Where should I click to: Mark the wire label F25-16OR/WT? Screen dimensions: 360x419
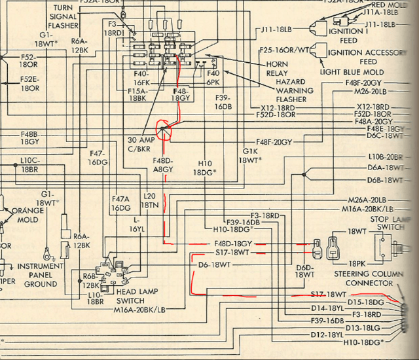(x=285, y=50)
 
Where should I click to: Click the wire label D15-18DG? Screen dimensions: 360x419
(x=365, y=302)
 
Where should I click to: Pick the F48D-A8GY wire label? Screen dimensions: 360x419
(x=163, y=164)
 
